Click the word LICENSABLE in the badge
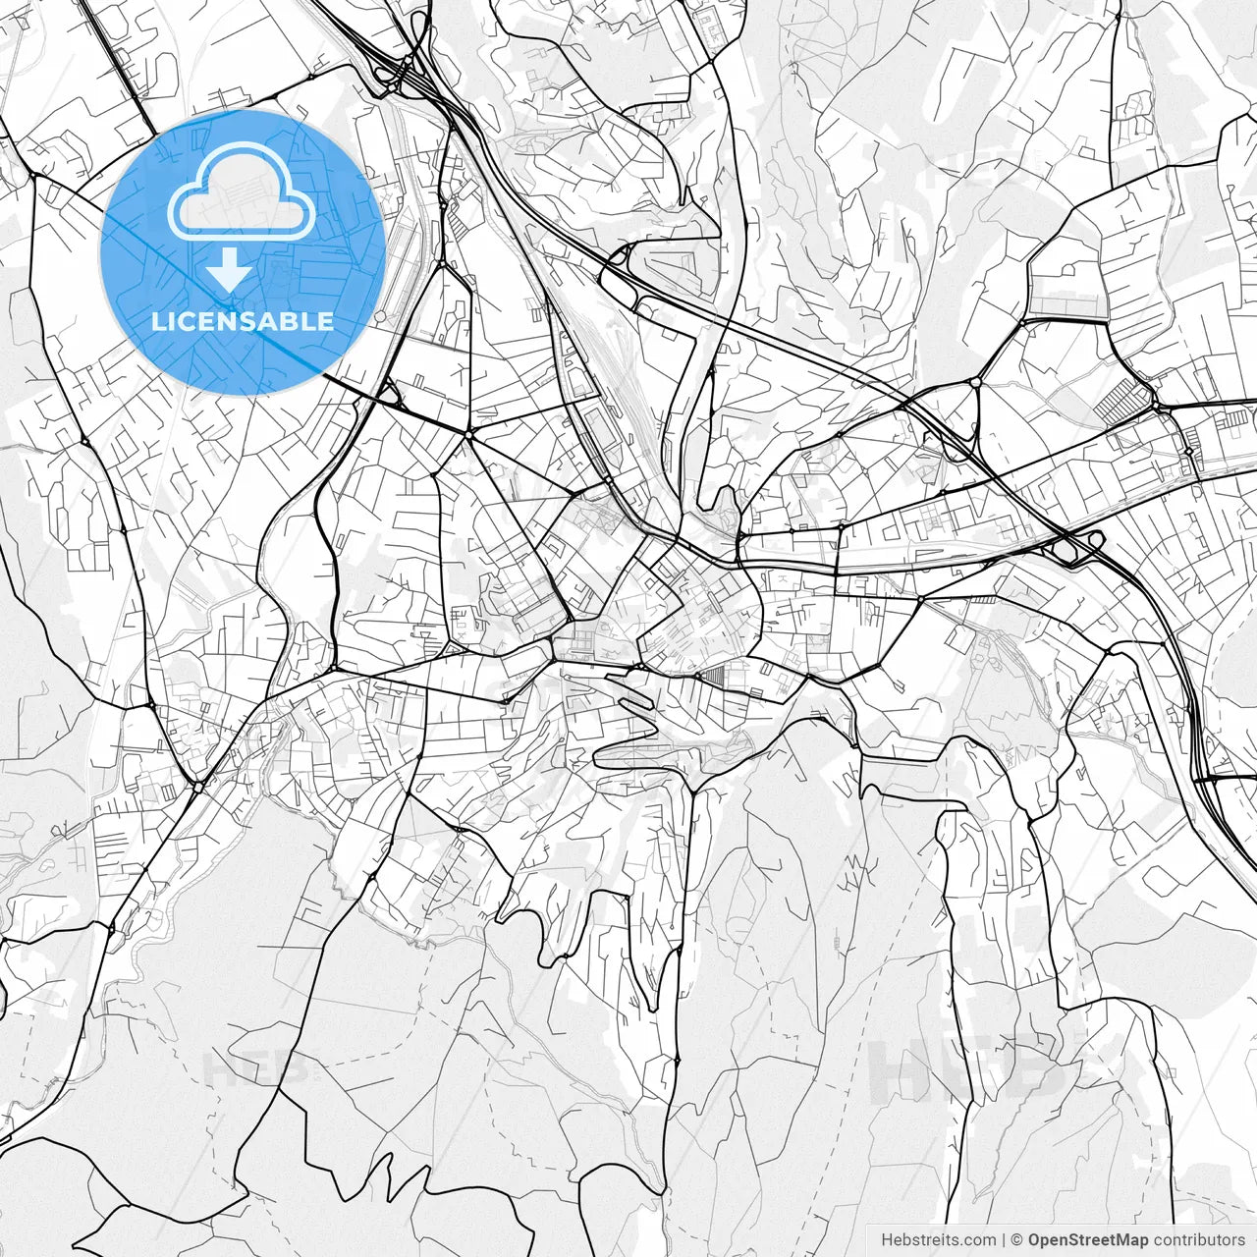coord(243,322)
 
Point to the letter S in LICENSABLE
coord(254,322)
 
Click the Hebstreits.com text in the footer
coord(938,1240)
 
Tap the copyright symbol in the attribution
coord(1017,1240)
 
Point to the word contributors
coord(1198,1240)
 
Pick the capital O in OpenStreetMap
coord(1035,1240)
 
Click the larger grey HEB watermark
coord(967,1069)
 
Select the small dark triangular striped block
coord(712,676)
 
